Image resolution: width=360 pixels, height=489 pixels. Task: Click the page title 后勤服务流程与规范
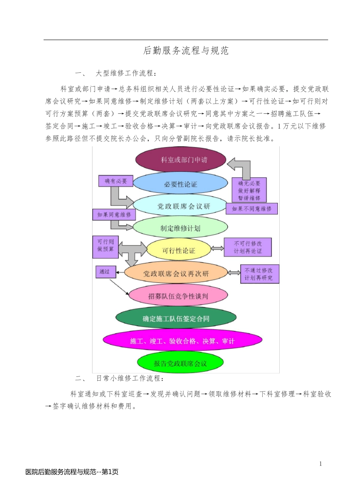pos(186,51)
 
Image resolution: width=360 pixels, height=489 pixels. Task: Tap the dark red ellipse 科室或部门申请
pos(181,160)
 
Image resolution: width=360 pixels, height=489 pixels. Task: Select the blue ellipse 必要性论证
pos(180,184)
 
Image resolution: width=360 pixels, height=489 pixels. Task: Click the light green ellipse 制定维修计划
pos(180,228)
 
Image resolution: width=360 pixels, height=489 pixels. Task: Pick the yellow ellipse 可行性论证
pos(178,250)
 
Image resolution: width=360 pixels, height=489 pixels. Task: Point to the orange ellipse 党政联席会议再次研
pos(176,273)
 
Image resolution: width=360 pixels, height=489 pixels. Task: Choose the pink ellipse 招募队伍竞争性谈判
pos(178,296)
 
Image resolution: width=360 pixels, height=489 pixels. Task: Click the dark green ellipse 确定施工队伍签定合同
pos(176,318)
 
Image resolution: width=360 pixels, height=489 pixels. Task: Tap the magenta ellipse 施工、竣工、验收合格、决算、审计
pos(182,341)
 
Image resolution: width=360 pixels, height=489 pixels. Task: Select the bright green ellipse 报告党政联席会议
pos(180,363)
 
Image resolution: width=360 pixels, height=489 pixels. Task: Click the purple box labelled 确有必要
pos(116,181)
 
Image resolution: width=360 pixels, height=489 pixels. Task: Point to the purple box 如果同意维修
pos(114,215)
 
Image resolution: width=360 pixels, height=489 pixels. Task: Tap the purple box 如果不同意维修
pos(252,208)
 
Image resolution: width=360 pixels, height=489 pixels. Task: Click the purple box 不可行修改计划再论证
pos(248,247)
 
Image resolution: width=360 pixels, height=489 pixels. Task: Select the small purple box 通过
pos(105,271)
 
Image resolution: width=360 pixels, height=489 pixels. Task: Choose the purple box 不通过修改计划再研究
pos(260,274)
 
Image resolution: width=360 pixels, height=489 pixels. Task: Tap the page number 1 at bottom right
pos(320,463)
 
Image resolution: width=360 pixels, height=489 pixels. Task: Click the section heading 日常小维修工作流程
pos(130,378)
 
